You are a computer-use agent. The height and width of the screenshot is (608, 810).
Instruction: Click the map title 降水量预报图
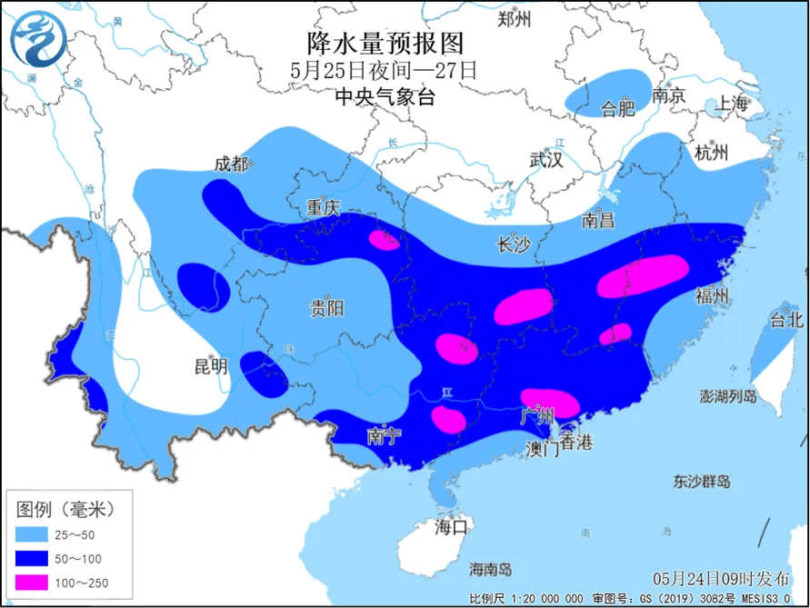385,43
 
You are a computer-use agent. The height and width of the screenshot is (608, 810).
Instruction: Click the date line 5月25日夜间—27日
384,70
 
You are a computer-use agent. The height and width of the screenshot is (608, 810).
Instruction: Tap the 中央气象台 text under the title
385,96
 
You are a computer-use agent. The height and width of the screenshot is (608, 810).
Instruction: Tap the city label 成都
230,164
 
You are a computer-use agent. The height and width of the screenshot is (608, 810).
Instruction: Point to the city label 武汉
546,160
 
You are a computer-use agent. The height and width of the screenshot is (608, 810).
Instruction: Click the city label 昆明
211,367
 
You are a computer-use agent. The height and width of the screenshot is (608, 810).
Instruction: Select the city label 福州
711,295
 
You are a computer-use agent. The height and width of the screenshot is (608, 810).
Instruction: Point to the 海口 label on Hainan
450,526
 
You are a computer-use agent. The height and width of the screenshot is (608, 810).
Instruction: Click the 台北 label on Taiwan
786,319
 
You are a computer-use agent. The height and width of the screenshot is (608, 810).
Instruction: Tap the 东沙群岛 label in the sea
702,481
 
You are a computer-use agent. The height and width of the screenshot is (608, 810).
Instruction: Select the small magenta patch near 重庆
384,239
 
